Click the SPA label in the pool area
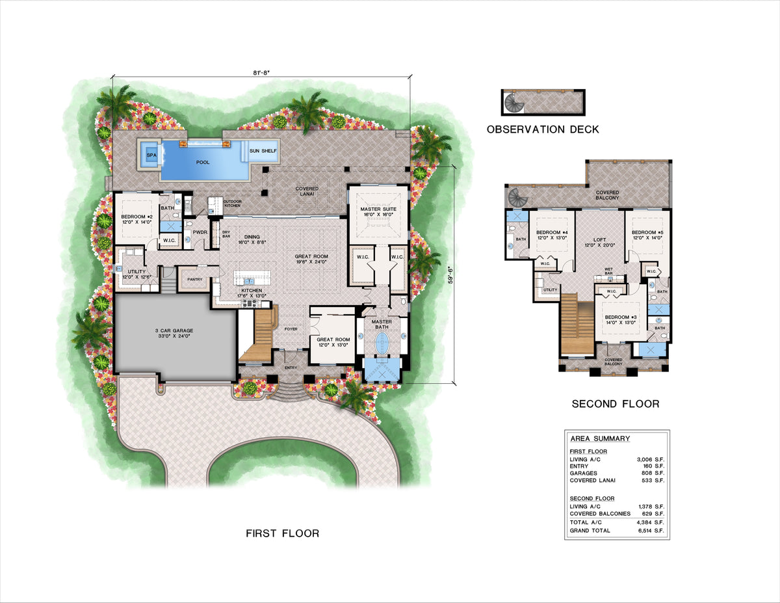click(151, 155)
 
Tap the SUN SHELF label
click(262, 151)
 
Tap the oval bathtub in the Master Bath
click(381, 342)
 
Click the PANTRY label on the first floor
click(195, 280)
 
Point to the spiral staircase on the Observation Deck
click(515, 101)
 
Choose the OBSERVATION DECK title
click(543, 129)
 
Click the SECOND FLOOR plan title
click(615, 404)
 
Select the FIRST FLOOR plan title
click(282, 533)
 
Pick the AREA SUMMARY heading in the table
click(599, 438)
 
